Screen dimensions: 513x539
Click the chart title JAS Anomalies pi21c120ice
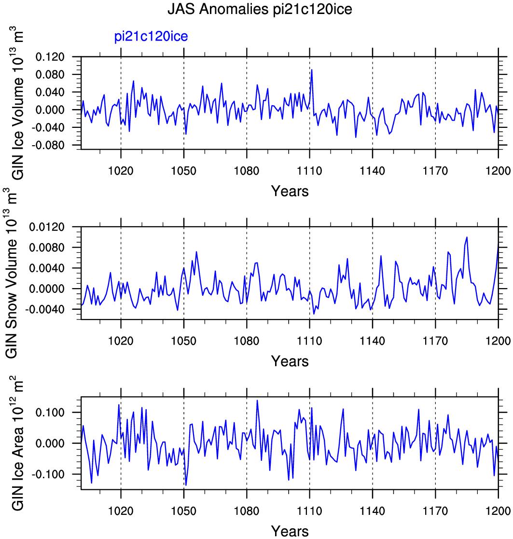click(x=260, y=9)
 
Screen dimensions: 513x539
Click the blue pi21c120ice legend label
click(x=151, y=37)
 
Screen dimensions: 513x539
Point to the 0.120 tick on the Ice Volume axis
click(x=50, y=57)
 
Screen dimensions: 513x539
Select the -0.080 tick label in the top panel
click(x=48, y=145)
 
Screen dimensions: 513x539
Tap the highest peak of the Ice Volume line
click(x=311, y=70)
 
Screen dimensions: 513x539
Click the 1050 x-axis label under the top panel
click(x=183, y=171)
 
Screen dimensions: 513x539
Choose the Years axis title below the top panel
click(x=290, y=191)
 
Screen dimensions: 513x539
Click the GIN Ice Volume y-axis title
click(x=18, y=103)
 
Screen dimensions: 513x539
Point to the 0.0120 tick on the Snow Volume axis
click(x=47, y=227)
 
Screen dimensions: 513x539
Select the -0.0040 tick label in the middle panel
click(x=45, y=309)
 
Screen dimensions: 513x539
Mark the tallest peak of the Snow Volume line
click(x=467, y=237)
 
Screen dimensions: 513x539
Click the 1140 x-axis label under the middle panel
click(x=373, y=341)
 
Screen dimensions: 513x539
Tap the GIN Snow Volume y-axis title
click(x=12, y=273)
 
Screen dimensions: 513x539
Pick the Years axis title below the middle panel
click(x=290, y=361)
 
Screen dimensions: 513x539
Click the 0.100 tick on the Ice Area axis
click(x=50, y=413)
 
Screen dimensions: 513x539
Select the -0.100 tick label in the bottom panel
click(x=48, y=474)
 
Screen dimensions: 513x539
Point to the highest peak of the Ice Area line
click(x=257, y=401)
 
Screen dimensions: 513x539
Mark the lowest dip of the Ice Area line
click(x=186, y=485)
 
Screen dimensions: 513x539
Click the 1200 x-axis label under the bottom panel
click(x=498, y=511)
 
